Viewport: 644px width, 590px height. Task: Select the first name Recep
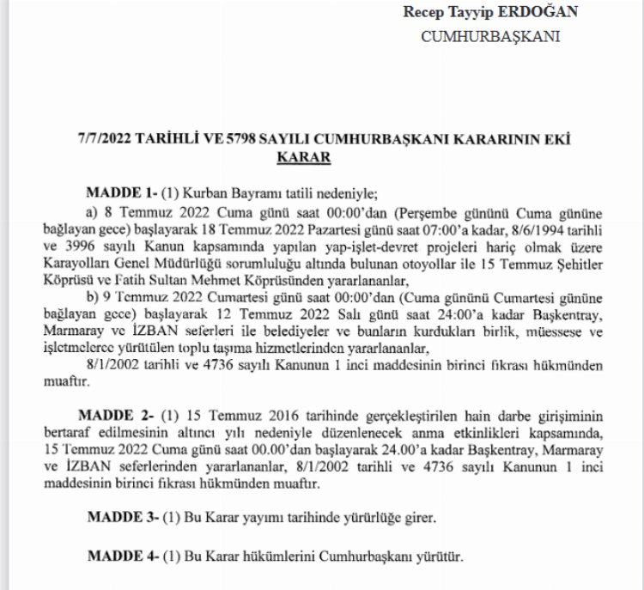tap(422, 13)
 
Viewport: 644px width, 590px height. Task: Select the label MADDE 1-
tap(118, 192)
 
